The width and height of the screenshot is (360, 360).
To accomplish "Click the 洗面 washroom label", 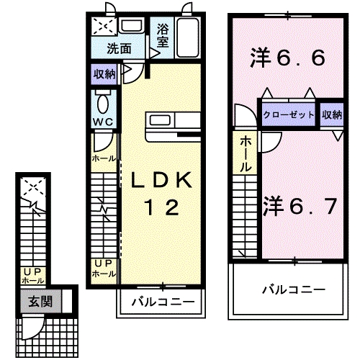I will pyautogui.click(x=120, y=49).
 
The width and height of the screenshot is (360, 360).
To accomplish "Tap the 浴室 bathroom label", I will pyautogui.click(x=163, y=36).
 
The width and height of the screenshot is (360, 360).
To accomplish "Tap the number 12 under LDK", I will pyautogui.click(x=160, y=208).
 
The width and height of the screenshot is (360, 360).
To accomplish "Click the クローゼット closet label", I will pyautogui.click(x=287, y=114).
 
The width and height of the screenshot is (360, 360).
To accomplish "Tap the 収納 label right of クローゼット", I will pyautogui.click(x=332, y=114).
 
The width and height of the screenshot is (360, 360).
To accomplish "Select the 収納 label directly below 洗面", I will pyautogui.click(x=104, y=73).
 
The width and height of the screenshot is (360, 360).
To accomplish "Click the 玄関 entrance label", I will pyautogui.click(x=40, y=301).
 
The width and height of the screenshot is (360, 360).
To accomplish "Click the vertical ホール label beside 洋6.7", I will pyautogui.click(x=246, y=153).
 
